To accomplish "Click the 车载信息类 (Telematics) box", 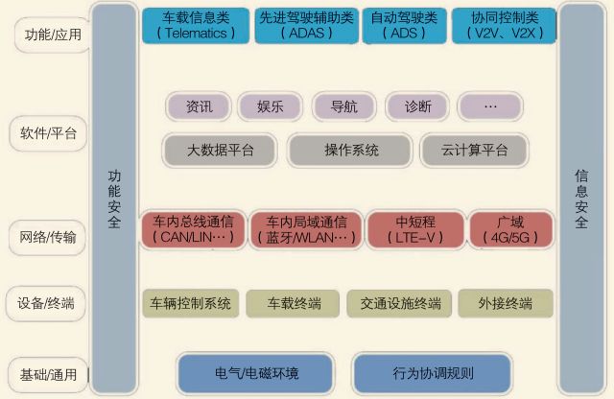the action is coord(196,25).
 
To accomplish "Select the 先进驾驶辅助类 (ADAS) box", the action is coord(305,25).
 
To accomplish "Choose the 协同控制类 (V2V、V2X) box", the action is coord(504,25).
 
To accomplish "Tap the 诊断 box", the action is coord(417,106).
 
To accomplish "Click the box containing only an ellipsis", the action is coord(490,106).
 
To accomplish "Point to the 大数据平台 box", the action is coord(220,151).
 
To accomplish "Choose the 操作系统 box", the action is coord(351,151).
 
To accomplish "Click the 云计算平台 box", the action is coord(475,151).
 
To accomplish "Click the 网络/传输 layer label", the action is coord(48,234).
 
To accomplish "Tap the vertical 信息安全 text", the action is coord(580,199).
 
